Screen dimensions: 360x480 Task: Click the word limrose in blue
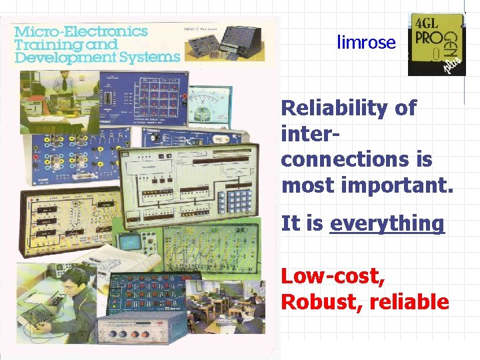pyautogui.click(x=366, y=43)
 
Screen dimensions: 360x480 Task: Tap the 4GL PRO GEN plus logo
pyautogui.click(x=437, y=43)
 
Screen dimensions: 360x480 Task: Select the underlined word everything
pyautogui.click(x=387, y=223)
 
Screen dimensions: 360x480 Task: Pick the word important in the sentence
pyautogui.click(x=396, y=185)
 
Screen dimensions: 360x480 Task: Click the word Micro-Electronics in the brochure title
pyautogui.click(x=81, y=31)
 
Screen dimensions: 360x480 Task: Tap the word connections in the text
pyautogui.click(x=356, y=160)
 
